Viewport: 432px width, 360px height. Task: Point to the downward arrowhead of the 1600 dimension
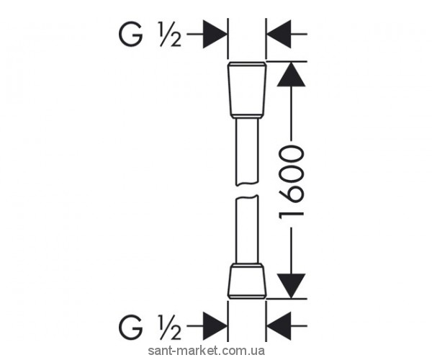(x=290, y=284)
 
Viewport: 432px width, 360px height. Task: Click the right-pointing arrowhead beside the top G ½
(x=215, y=33)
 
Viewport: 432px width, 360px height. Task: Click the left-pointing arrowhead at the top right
(x=279, y=33)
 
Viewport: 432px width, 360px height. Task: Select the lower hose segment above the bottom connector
(x=247, y=230)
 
